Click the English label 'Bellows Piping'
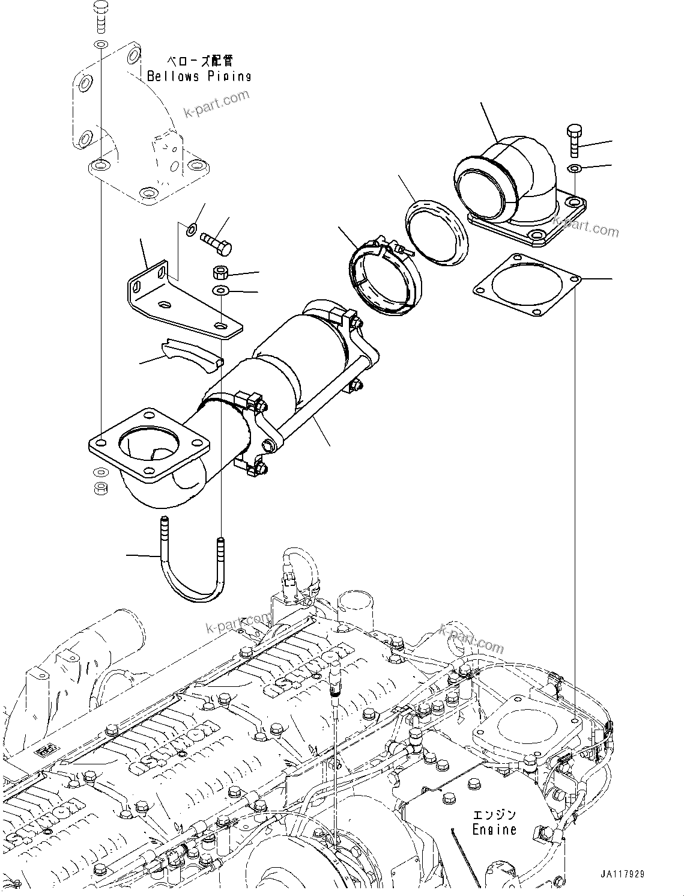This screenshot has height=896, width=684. (199, 76)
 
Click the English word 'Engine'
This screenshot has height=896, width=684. (494, 830)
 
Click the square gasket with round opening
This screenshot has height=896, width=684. (527, 285)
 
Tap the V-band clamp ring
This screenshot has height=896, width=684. (380, 278)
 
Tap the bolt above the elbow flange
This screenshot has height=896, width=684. (574, 141)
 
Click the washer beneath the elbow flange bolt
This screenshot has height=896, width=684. (574, 168)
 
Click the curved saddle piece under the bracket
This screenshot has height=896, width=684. (192, 354)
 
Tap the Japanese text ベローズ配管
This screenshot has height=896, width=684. (199, 61)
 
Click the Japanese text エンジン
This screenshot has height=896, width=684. (494, 815)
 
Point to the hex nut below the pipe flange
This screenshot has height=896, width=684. (101, 487)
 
